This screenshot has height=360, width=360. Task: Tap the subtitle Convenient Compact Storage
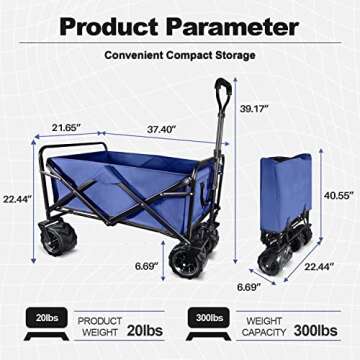(181, 56)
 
